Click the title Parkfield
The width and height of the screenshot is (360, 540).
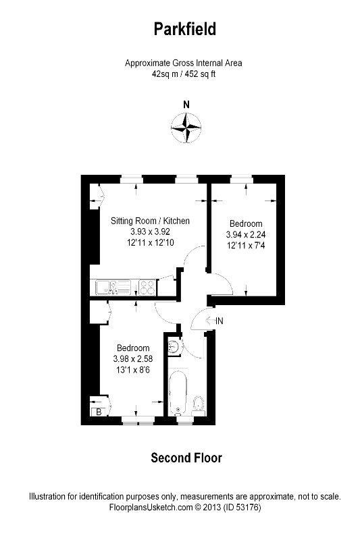183,29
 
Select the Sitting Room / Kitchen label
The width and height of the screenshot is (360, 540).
150,221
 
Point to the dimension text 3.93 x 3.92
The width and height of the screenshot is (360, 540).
149,232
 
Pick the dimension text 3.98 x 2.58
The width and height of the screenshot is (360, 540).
132,358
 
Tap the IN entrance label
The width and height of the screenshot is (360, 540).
219,321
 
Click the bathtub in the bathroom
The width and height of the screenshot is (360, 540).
178,389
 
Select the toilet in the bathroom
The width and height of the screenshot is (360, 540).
199,404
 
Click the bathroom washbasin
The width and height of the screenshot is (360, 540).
175,346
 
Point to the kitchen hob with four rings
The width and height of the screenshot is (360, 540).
147,288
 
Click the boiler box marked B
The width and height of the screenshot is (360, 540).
99,411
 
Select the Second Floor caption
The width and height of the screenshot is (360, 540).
186,458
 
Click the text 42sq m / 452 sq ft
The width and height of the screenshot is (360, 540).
183,74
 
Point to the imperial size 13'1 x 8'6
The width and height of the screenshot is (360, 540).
132,369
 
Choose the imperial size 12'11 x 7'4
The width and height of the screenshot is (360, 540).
245,246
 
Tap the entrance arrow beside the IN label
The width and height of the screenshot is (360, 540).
209,321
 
